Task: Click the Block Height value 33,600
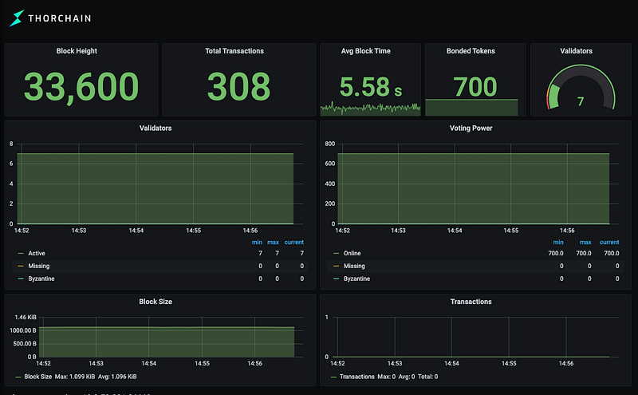coord(81,87)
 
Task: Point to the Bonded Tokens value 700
coord(475,85)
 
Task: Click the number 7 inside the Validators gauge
coord(581,101)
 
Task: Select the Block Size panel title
coord(155,302)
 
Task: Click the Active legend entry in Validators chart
coord(37,253)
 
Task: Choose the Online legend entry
coord(352,253)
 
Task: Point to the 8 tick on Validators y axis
coord(11,144)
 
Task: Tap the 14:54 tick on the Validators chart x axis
coord(136,231)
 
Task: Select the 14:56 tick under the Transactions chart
coord(566,363)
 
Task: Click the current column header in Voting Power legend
coord(609,242)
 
